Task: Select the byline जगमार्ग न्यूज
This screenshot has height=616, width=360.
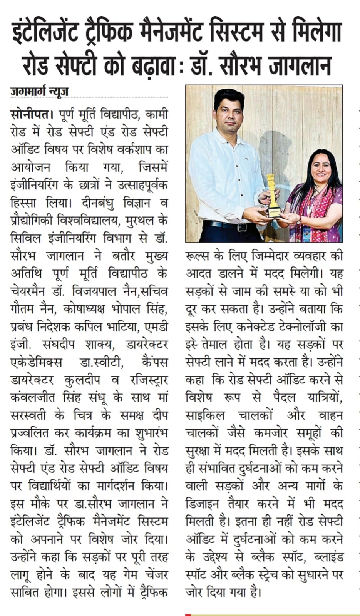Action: [39, 92]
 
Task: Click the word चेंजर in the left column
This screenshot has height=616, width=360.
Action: [154, 575]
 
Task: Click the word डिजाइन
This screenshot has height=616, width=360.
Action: [203, 504]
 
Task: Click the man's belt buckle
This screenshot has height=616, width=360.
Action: [242, 227]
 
